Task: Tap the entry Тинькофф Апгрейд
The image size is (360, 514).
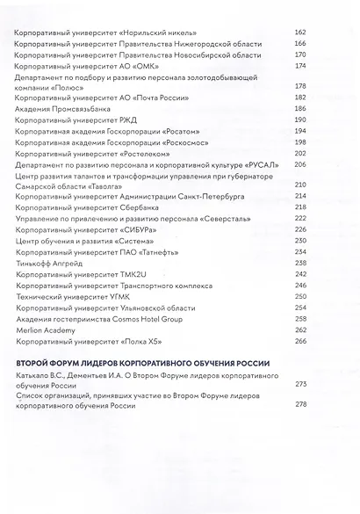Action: (x=47, y=261)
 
